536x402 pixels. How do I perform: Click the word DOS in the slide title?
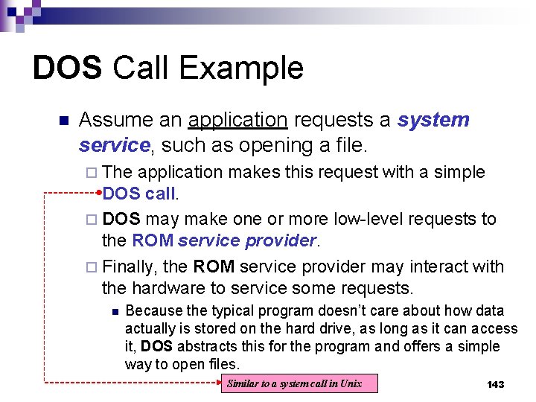click(67, 68)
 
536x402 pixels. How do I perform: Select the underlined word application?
click(237, 120)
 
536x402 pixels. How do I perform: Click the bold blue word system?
click(433, 120)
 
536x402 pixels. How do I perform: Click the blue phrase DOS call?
click(139, 194)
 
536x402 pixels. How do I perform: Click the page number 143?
click(495, 384)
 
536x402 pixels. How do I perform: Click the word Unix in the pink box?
click(350, 383)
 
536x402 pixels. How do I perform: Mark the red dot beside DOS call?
click(100, 193)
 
